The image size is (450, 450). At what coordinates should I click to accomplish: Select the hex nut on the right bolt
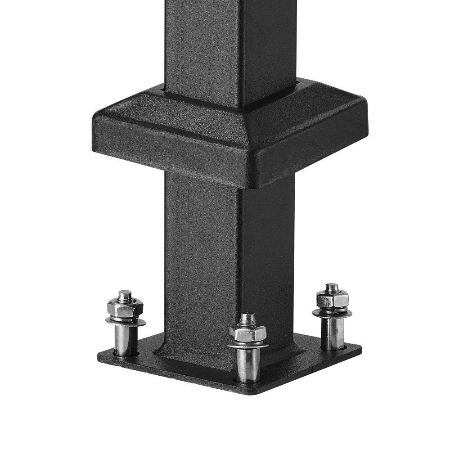click(332, 298)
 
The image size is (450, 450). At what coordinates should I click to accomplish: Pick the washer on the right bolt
click(333, 311)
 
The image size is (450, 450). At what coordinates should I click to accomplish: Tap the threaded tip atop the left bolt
click(125, 295)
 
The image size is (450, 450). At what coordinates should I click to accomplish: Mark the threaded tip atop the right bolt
click(332, 286)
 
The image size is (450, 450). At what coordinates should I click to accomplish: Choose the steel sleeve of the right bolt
click(333, 333)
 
